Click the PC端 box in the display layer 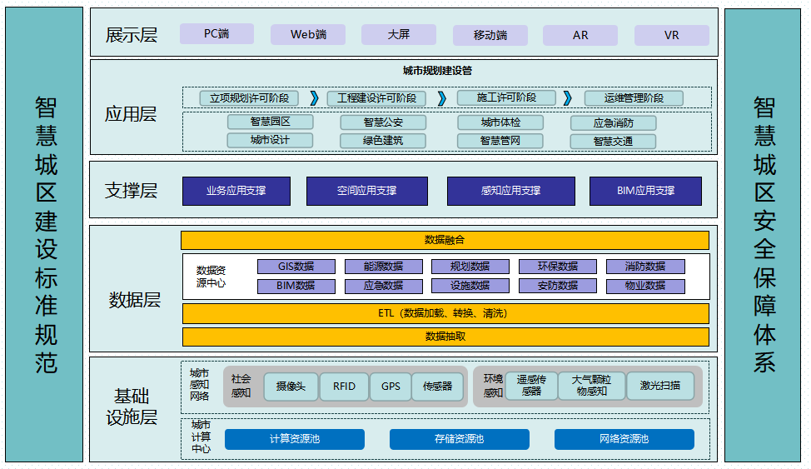tap(216, 35)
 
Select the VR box tap(671, 36)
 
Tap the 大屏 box tap(398, 35)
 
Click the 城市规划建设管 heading tap(437, 72)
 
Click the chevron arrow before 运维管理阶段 tap(568, 98)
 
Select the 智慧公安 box tap(383, 122)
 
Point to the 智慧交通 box tap(613, 142)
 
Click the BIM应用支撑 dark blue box tap(645, 191)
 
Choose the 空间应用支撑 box tap(366, 191)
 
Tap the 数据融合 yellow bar tap(445, 240)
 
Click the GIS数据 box tap(296, 267)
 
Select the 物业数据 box tap(645, 286)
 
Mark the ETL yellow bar tap(445, 314)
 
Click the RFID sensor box tap(344, 387)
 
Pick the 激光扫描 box tap(660, 386)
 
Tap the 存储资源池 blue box tap(458, 439)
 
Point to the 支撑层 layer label tap(132, 191)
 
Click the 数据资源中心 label tap(211, 277)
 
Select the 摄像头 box tap(291, 387)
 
